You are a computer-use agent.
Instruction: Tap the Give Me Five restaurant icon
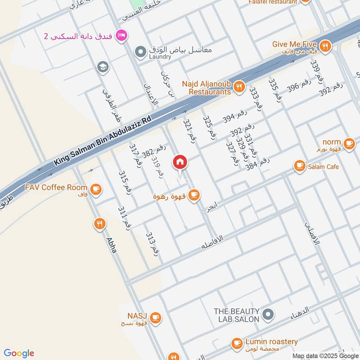point(325,45)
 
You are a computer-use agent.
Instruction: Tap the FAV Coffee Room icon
point(95,189)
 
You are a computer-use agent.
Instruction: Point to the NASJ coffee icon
point(156,318)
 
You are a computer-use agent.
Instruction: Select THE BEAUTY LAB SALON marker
point(268,315)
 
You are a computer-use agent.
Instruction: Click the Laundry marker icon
point(141,51)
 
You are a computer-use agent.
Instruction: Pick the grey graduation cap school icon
point(103,67)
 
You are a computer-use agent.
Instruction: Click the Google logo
point(19,353)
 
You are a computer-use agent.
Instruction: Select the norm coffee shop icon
point(349,144)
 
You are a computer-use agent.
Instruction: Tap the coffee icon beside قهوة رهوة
point(194,195)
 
